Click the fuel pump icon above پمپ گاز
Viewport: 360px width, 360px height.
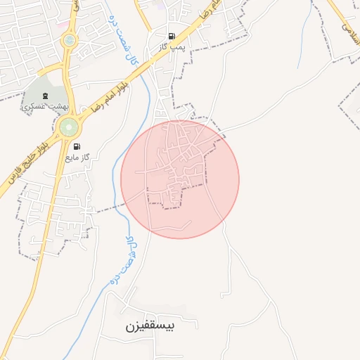coord(172,35)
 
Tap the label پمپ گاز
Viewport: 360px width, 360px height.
coord(172,46)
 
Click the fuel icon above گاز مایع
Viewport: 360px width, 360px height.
coord(76,146)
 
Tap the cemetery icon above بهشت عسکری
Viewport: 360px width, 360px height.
coord(46,96)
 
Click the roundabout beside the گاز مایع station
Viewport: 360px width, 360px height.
coord(69,127)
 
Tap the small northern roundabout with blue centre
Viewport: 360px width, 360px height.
coord(69,40)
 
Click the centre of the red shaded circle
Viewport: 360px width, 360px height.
coord(180,179)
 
